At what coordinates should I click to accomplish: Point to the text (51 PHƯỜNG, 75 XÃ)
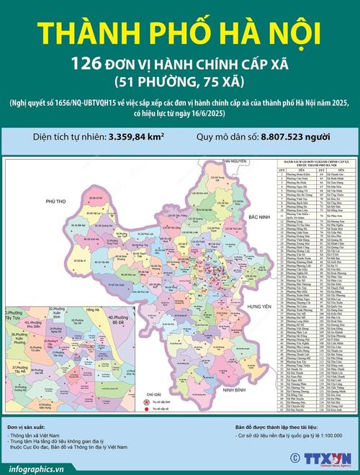(x=179, y=81)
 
